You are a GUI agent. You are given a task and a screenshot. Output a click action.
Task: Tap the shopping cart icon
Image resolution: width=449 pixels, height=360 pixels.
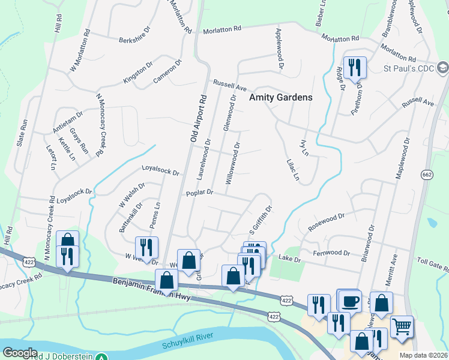(x=402, y=327)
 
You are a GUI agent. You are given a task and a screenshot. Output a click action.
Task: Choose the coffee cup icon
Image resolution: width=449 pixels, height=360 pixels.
(x=351, y=301)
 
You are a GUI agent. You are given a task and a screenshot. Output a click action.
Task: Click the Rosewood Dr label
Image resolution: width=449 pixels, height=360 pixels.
(x=326, y=223)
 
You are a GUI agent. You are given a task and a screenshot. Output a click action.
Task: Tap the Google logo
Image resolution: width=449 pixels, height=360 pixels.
(x=19, y=353)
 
